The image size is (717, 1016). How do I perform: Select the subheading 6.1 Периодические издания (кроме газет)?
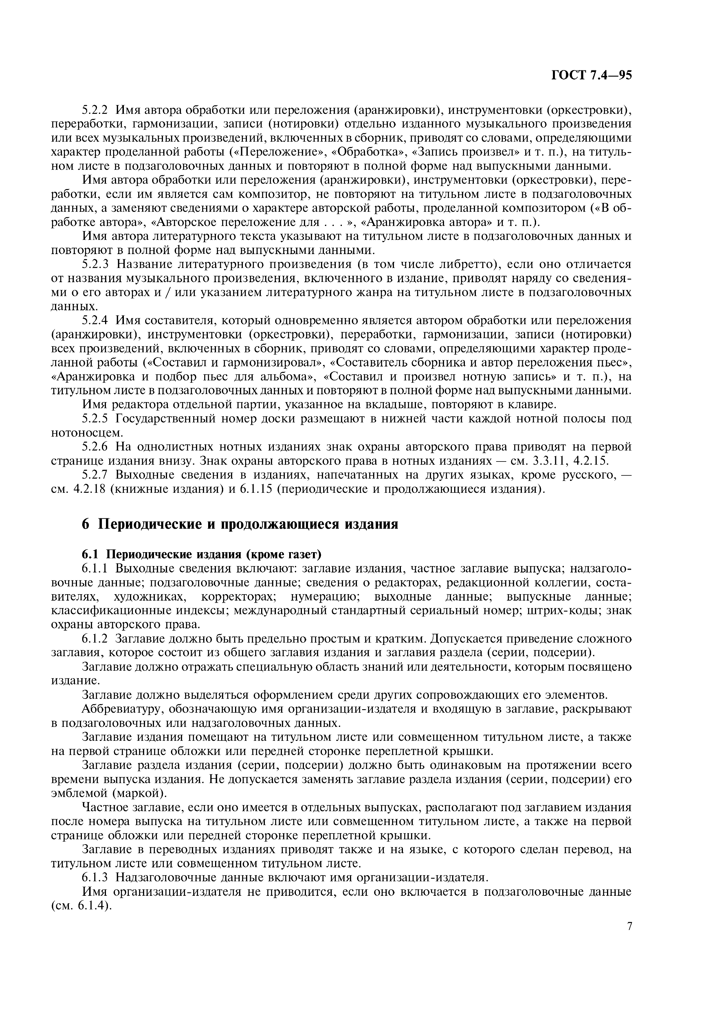click(x=201, y=554)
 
